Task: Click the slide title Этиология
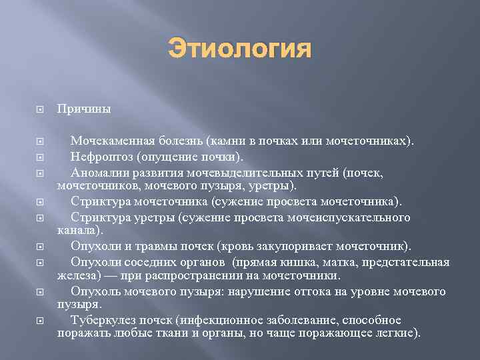(x=240, y=49)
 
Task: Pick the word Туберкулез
(x=105, y=321)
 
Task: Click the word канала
(x=78, y=230)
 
